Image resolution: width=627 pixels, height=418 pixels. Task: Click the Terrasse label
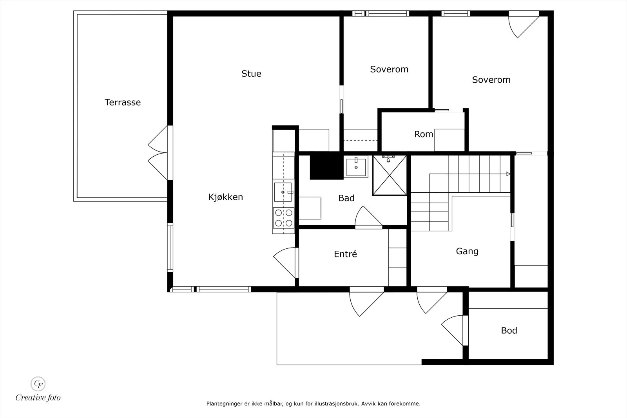[x=123, y=102]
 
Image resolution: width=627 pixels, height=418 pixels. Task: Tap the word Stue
[x=251, y=74]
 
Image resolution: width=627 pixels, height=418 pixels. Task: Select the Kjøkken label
[x=225, y=197]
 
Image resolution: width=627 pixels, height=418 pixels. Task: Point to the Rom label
[x=424, y=134]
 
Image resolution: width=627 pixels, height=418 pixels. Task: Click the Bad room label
[x=346, y=198]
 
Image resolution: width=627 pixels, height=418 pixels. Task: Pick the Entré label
[x=345, y=254]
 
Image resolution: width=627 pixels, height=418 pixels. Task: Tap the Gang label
[x=467, y=251]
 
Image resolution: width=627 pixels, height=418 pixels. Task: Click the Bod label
[x=509, y=330]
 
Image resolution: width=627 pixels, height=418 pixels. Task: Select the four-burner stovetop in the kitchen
[x=284, y=218]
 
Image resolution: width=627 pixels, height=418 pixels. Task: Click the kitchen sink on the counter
[x=283, y=192]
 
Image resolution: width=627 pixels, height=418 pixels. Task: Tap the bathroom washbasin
[x=356, y=167]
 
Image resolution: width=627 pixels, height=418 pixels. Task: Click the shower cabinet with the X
[x=390, y=176]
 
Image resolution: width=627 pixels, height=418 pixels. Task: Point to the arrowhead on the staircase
[x=508, y=174]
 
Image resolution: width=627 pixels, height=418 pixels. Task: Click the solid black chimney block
[x=326, y=167]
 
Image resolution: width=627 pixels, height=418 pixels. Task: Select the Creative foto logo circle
[x=38, y=384]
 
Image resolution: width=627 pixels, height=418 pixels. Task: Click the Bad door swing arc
[x=368, y=215]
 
